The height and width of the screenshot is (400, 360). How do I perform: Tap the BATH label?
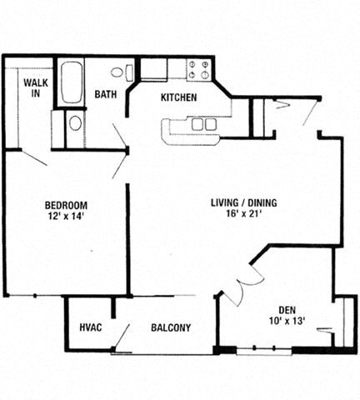click(104, 95)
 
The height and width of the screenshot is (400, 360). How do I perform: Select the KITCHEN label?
click(178, 97)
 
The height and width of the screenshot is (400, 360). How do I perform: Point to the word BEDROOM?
click(66, 205)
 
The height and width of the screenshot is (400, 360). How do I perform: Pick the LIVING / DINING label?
click(243, 202)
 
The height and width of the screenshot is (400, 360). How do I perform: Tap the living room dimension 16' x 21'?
click(243, 214)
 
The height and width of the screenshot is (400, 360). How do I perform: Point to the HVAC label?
click(90, 327)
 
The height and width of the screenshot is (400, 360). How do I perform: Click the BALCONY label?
click(171, 327)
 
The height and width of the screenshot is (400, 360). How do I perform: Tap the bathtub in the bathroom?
click(70, 83)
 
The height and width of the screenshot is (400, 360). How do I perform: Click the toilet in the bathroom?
click(119, 72)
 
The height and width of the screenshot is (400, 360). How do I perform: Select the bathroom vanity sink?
click(75, 123)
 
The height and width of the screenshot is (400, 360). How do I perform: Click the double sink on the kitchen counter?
click(204, 124)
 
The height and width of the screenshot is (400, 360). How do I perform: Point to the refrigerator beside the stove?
click(154, 69)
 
